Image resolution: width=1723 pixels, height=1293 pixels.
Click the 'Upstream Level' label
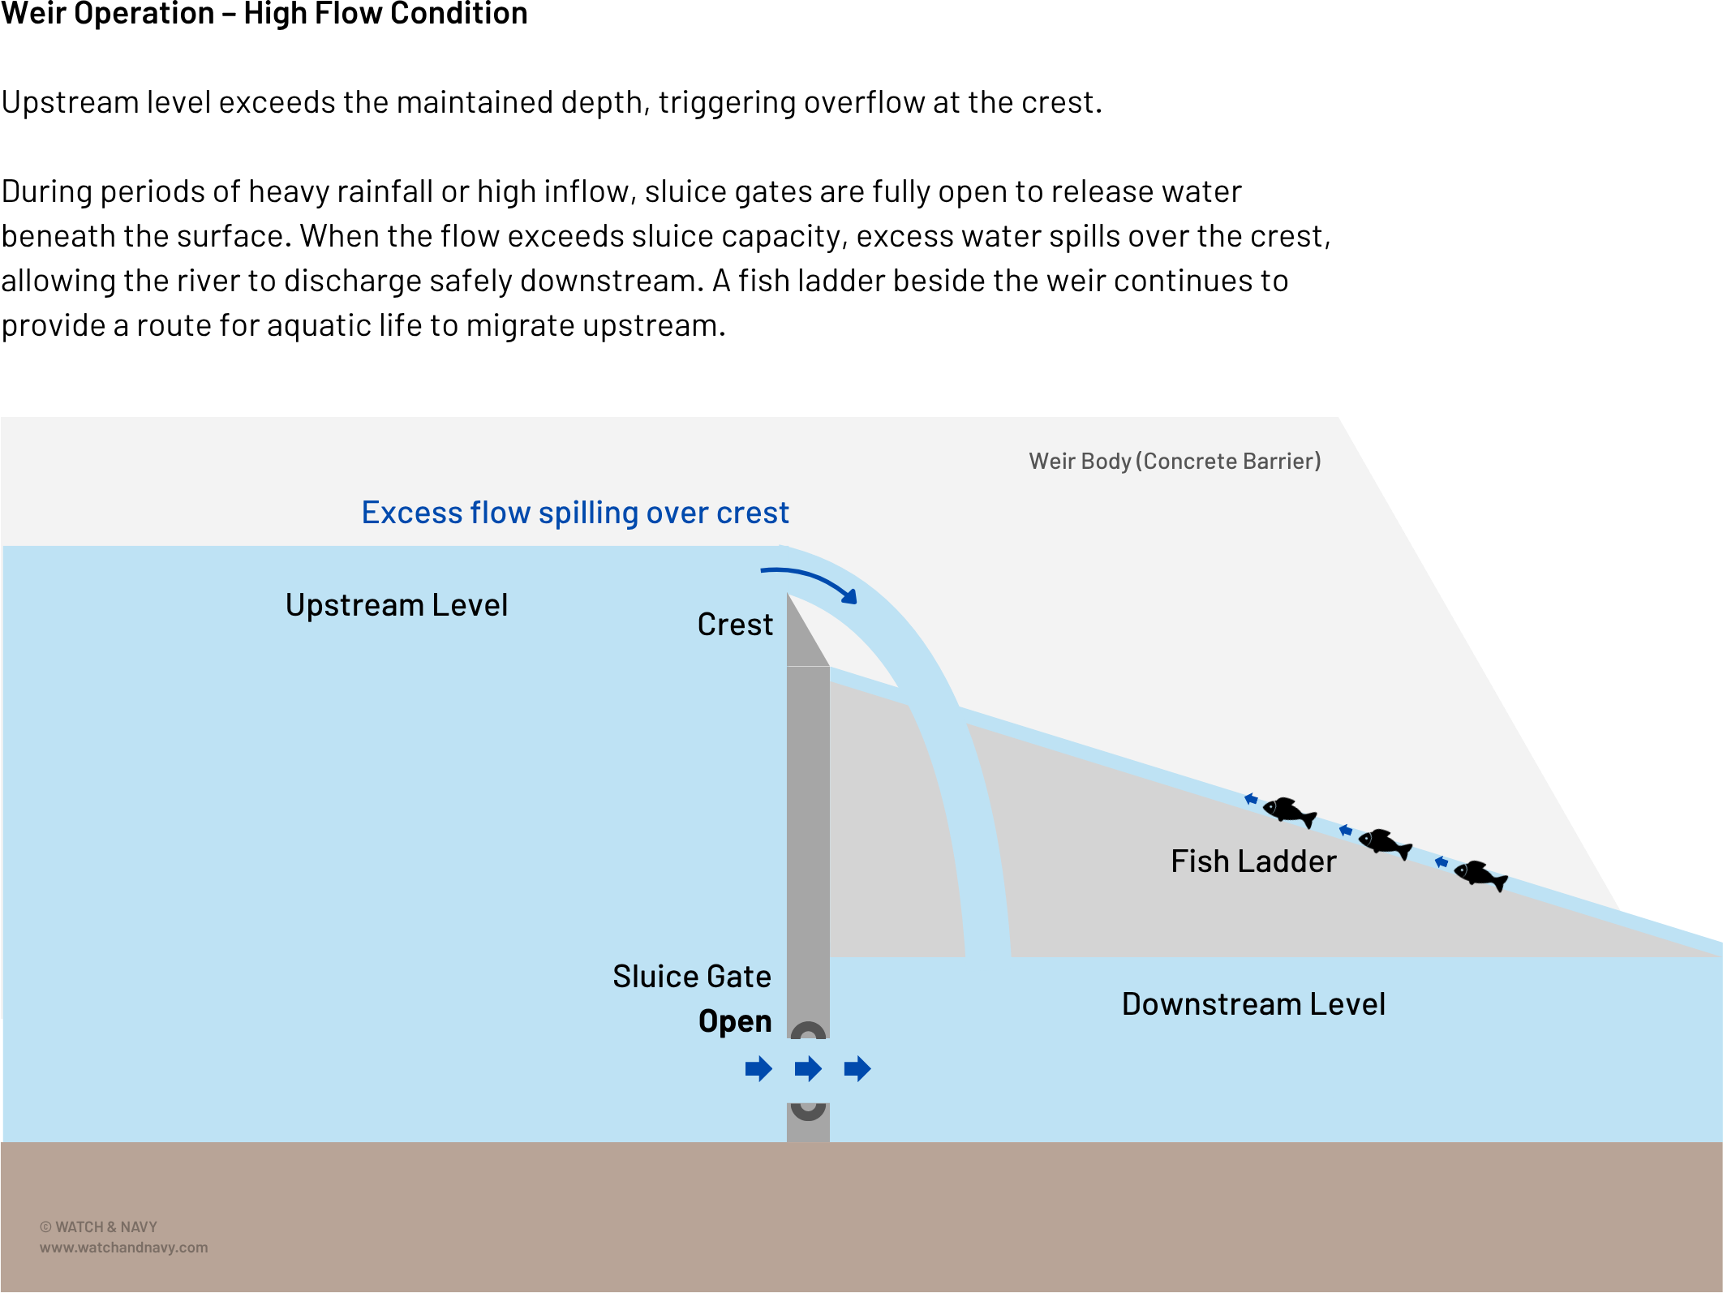click(x=396, y=605)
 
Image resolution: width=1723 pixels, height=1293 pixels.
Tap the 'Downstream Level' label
click(x=1253, y=1004)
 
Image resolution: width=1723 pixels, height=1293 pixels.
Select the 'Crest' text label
click(x=735, y=625)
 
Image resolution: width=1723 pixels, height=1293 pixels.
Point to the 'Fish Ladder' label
click(x=1253, y=861)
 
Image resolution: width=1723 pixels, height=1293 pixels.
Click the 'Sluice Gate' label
click(x=691, y=977)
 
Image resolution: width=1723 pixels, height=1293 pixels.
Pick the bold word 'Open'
click(x=735, y=1021)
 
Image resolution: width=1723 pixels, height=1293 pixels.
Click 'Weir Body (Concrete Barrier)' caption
click(x=1175, y=462)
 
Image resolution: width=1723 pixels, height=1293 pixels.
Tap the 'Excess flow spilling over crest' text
click(x=575, y=513)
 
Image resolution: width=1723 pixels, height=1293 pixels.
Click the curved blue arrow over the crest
click(x=811, y=582)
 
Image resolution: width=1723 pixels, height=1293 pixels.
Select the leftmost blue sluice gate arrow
click(x=758, y=1069)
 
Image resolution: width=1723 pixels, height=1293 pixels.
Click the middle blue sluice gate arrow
click(x=808, y=1069)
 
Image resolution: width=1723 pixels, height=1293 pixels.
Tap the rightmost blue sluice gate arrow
click(x=857, y=1069)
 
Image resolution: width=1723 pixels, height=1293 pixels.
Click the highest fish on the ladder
click(x=1289, y=811)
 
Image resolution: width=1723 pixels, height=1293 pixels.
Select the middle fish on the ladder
click(x=1385, y=843)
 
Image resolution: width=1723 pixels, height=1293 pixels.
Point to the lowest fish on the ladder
click(x=1480, y=874)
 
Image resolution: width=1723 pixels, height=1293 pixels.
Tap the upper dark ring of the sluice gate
click(x=808, y=1032)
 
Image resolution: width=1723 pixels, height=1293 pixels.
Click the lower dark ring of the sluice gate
click(x=808, y=1110)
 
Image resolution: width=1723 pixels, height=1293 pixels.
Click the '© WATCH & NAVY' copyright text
click(x=98, y=1227)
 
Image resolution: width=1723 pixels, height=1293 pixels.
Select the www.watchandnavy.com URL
click(x=123, y=1248)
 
